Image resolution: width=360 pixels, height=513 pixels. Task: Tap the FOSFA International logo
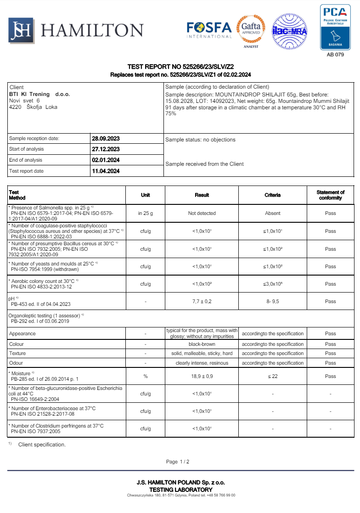coord(209,30)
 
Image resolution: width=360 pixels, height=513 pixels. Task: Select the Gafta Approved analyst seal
coord(250,31)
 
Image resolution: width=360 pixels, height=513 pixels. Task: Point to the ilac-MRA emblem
coord(289,31)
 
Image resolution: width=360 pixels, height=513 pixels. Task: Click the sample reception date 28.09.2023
coord(106,138)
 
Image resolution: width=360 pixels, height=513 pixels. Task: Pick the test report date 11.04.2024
coord(106,171)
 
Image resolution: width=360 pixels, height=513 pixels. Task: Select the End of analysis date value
coord(106,160)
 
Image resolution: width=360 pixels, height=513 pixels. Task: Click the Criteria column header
coord(272,195)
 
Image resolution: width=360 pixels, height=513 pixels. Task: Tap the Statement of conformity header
coord(330,195)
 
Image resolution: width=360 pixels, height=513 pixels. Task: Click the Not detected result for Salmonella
coord(202,213)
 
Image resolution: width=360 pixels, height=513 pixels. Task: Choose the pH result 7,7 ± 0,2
coord(202,301)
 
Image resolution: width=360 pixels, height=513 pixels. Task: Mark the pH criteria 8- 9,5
coord(272,301)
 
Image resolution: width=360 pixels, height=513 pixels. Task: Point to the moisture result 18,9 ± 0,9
coord(202,376)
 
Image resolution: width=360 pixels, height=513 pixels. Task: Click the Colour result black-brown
coord(202,344)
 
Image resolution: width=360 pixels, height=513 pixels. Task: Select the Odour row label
coord(17,363)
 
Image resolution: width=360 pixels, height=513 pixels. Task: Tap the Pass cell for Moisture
coord(330,376)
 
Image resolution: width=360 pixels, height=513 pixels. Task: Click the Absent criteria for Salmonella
coord(272,213)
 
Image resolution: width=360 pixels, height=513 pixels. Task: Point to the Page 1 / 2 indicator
coord(178,462)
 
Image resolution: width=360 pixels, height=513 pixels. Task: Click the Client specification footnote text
coord(42,445)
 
